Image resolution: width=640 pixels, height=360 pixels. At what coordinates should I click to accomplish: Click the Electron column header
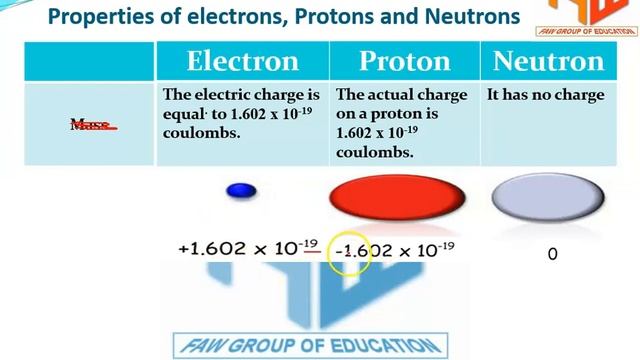click(x=241, y=62)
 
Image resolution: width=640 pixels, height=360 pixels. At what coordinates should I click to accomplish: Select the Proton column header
click(x=404, y=62)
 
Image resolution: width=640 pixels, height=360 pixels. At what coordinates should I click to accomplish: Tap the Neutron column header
click(x=548, y=62)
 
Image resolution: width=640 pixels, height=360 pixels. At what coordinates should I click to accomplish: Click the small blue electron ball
click(x=241, y=191)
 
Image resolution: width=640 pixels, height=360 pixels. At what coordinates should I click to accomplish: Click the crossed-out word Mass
click(x=91, y=125)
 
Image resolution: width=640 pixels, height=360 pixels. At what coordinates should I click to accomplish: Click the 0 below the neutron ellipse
click(x=552, y=254)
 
